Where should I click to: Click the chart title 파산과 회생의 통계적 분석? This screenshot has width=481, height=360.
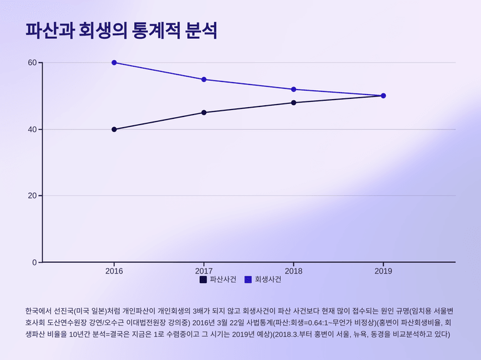coord(122,31)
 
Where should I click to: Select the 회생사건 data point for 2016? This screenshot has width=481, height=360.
coord(114,63)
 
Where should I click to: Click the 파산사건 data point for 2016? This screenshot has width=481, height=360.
coord(114,130)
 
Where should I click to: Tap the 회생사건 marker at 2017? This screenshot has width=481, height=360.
coord(204,80)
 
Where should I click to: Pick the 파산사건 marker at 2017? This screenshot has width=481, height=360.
coord(204,113)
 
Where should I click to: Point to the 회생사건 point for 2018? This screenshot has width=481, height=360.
coord(294,90)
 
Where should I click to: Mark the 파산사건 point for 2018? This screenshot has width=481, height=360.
coord(294,103)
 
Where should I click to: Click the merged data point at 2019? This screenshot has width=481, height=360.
coord(383,96)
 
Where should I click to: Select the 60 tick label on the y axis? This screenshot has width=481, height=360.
coord(32,63)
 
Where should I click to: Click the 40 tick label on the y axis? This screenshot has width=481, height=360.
coord(32,130)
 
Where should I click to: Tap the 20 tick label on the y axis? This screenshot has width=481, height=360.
coord(32,196)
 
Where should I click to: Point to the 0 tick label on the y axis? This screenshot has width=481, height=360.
coord(34,262)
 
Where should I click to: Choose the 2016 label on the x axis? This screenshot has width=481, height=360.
coord(114,271)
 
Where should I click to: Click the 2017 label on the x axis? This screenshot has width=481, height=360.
coord(204,271)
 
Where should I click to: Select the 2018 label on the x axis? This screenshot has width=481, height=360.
coord(294,271)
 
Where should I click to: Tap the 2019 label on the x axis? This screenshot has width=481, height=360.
coord(383,271)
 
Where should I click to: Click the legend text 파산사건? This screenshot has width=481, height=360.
coord(223,280)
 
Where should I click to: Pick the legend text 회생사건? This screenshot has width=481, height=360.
coord(267,280)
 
